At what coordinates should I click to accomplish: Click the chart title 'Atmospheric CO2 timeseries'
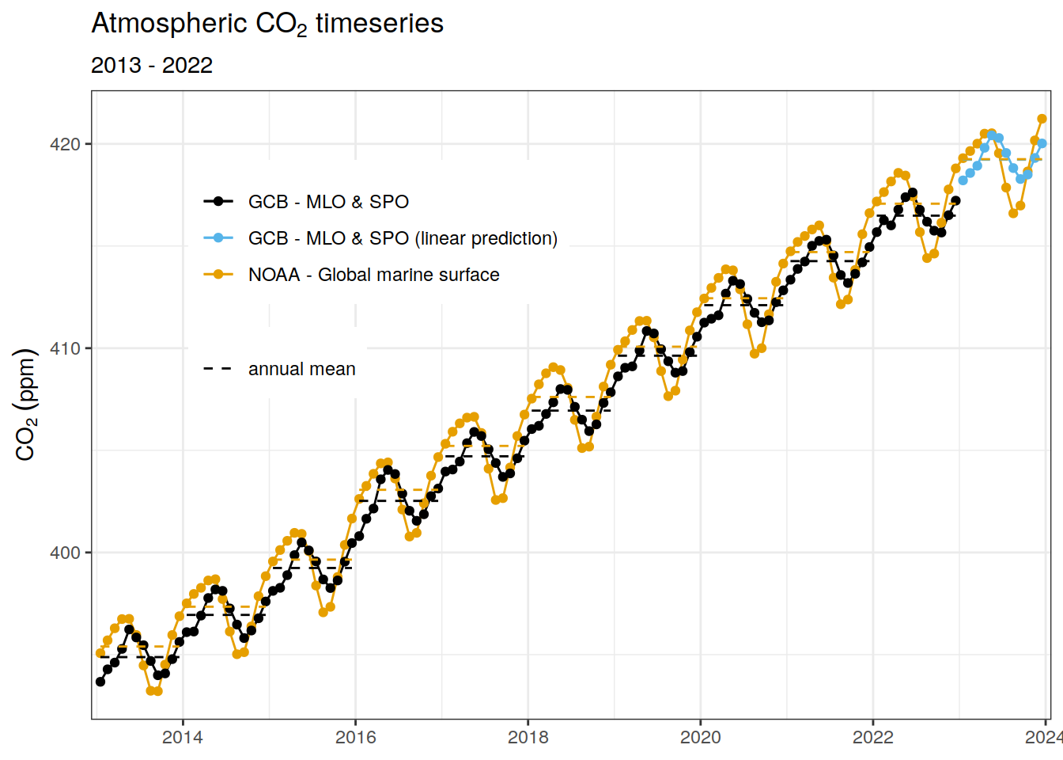click(x=267, y=24)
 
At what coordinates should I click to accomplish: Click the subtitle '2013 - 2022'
click(x=152, y=66)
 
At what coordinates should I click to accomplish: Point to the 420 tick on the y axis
click(x=65, y=144)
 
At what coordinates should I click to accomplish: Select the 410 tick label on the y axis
click(x=65, y=348)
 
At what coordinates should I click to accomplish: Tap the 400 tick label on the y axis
click(x=65, y=553)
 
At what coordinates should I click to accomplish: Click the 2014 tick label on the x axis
click(x=183, y=738)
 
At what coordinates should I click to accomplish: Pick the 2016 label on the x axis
click(x=355, y=738)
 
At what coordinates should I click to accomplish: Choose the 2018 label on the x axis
click(x=528, y=738)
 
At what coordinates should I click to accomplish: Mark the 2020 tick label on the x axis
click(x=700, y=738)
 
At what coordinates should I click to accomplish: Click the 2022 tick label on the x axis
click(x=872, y=738)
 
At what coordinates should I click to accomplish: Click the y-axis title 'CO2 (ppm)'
click(x=26, y=404)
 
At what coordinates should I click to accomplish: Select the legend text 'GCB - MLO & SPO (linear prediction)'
click(x=403, y=238)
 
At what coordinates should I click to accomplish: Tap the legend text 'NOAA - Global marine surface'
click(x=373, y=275)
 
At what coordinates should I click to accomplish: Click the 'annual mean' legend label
click(x=301, y=369)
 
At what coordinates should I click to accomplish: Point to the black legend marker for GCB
click(x=218, y=202)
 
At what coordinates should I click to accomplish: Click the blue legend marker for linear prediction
click(x=218, y=238)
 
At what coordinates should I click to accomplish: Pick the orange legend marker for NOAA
click(x=218, y=275)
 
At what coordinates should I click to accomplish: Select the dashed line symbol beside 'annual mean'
click(x=218, y=369)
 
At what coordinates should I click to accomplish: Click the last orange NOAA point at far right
click(x=1042, y=119)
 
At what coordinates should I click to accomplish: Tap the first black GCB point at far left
click(x=100, y=682)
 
